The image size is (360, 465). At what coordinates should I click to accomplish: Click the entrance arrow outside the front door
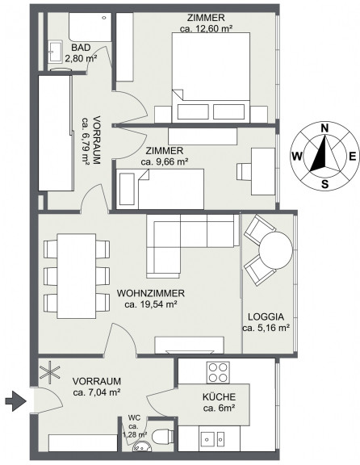click(15, 401)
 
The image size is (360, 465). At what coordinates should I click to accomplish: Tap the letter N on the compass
click(325, 128)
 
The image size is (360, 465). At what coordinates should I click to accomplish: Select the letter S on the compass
click(325, 184)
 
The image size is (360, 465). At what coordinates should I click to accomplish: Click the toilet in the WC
click(162, 436)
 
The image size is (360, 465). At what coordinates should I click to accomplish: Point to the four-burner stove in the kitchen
click(218, 372)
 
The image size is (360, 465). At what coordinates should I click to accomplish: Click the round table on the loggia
click(276, 250)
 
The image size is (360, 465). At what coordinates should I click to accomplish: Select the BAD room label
click(81, 48)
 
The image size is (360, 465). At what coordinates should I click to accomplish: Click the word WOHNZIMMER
click(151, 293)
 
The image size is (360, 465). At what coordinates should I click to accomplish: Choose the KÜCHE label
click(219, 396)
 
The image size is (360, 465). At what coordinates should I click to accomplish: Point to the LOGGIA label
click(266, 316)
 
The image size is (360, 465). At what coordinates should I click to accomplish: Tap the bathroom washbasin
click(55, 52)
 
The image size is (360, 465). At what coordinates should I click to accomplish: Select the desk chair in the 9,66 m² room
click(244, 171)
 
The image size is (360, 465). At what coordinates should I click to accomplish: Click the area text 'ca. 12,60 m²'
click(206, 29)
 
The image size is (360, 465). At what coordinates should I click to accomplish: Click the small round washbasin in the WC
click(143, 447)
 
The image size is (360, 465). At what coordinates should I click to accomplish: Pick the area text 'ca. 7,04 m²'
click(96, 392)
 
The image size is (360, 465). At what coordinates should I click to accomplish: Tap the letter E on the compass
click(352, 156)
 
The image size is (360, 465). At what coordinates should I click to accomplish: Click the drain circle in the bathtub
click(104, 18)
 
